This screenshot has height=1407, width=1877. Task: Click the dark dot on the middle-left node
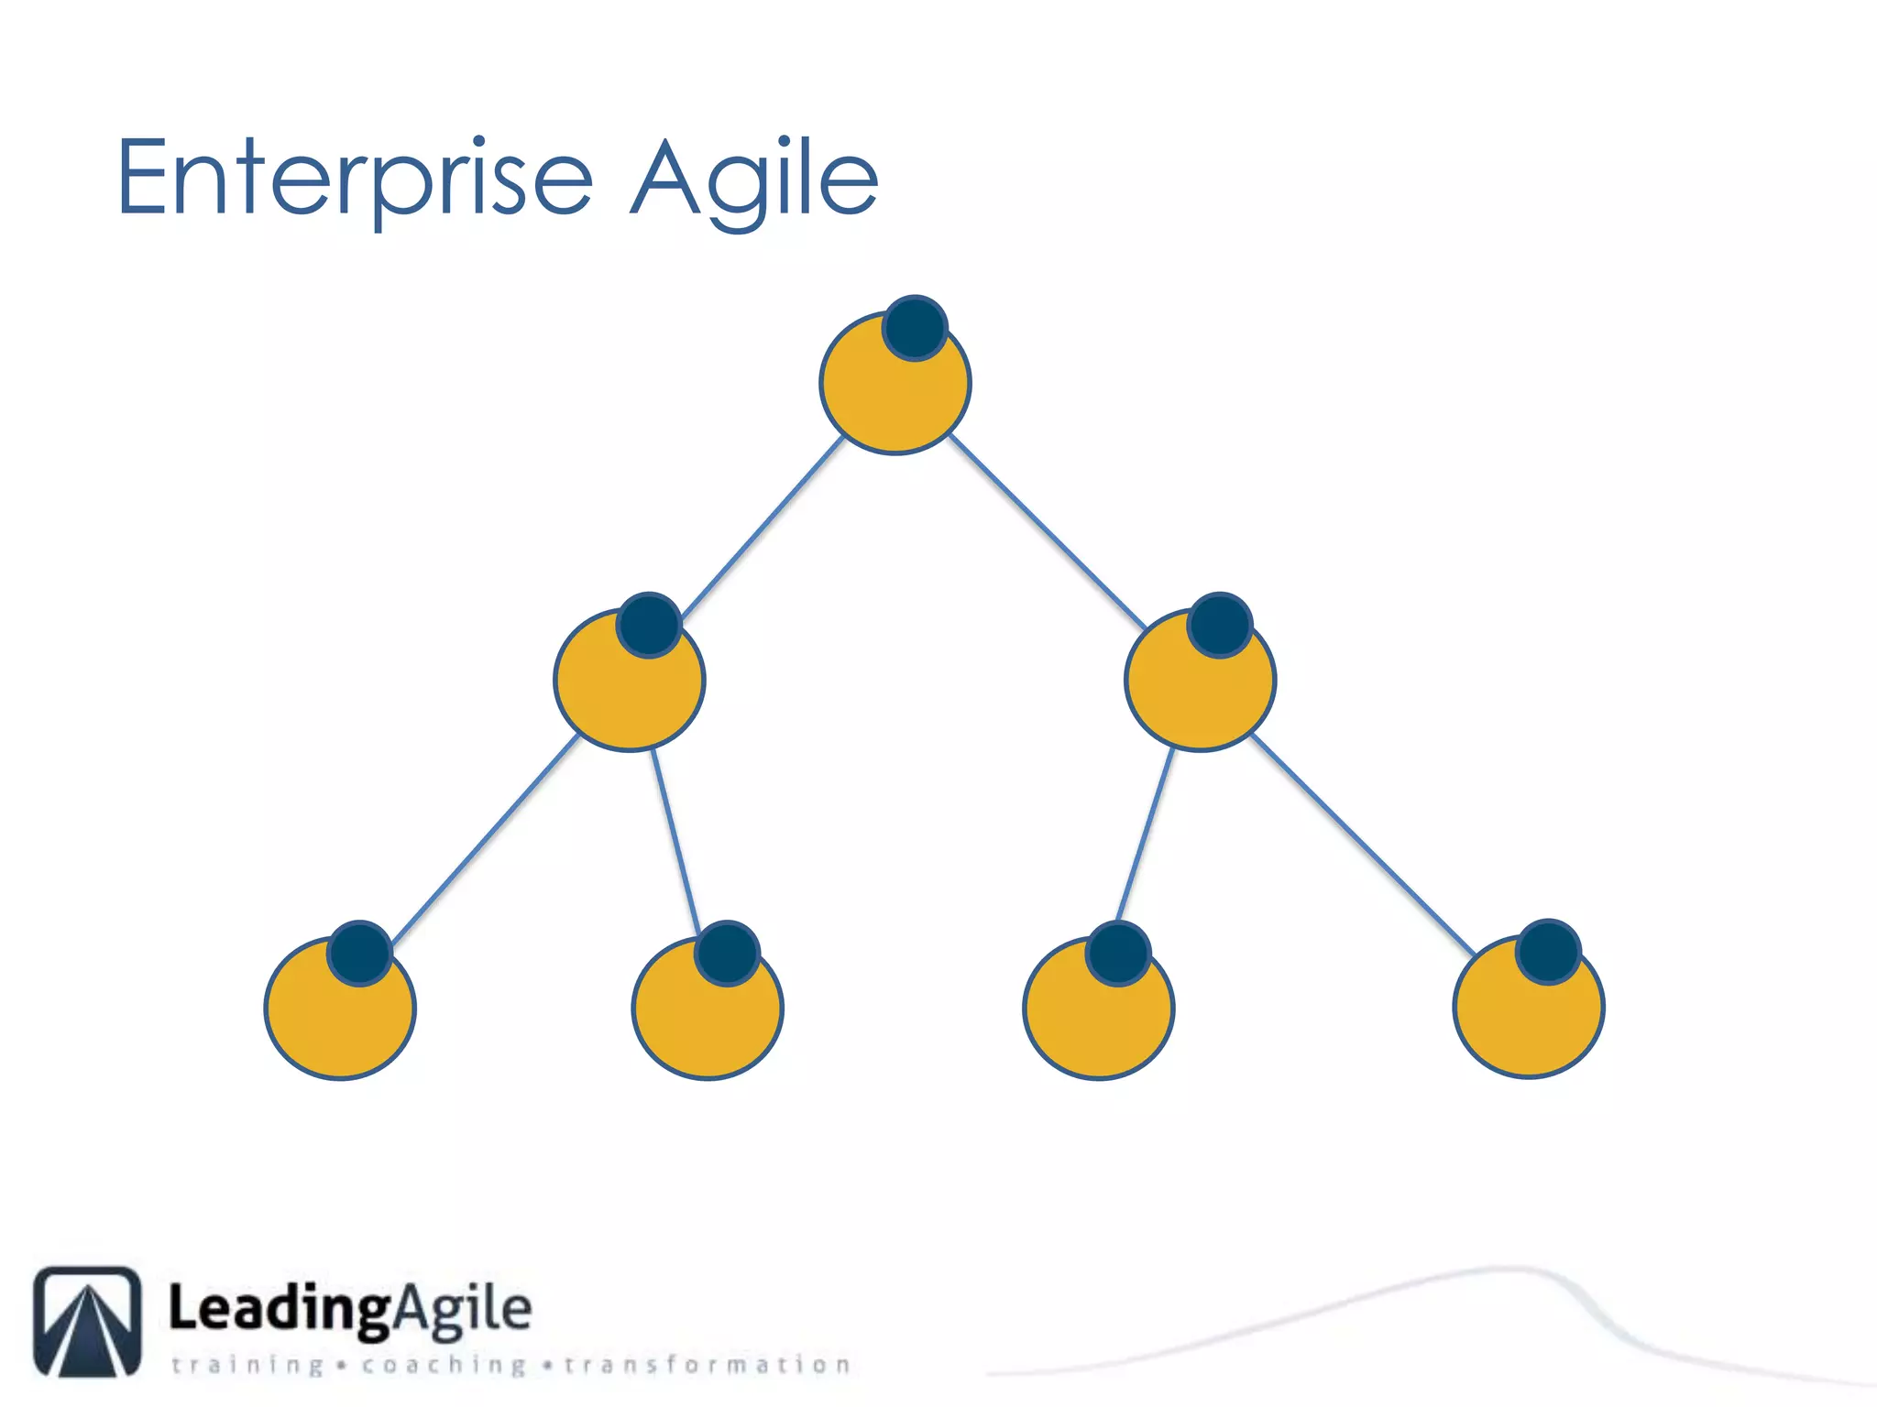click(x=649, y=626)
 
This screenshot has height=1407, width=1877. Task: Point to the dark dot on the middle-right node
click(x=1220, y=626)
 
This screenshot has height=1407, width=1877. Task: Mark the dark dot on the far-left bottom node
click(x=360, y=953)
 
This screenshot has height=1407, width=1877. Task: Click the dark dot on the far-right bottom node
click(x=1548, y=952)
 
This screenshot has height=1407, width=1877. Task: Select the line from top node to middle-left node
click(x=763, y=528)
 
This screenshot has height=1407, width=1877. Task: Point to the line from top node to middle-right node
click(x=1047, y=531)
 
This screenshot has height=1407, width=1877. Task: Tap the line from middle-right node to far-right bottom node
click(x=1363, y=845)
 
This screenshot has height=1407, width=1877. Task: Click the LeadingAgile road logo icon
click(x=88, y=1321)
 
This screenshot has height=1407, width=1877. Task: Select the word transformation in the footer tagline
click(x=708, y=1365)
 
